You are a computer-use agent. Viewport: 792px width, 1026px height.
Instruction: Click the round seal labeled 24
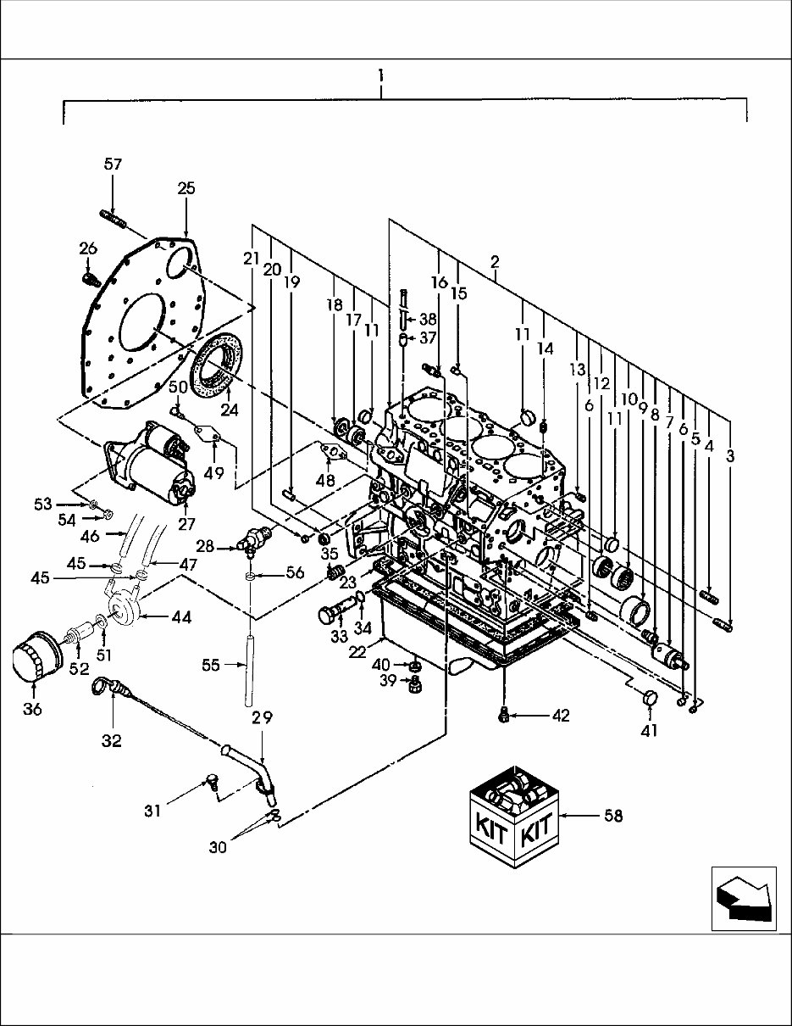click(x=217, y=365)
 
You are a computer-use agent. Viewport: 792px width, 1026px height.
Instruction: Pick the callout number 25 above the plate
click(x=186, y=188)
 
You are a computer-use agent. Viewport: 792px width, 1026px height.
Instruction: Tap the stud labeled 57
click(x=113, y=219)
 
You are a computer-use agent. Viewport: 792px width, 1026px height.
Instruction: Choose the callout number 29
click(x=262, y=717)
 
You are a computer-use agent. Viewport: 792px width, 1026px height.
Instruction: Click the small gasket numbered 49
click(x=205, y=434)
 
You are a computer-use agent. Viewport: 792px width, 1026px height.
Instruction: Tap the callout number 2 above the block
click(x=494, y=264)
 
